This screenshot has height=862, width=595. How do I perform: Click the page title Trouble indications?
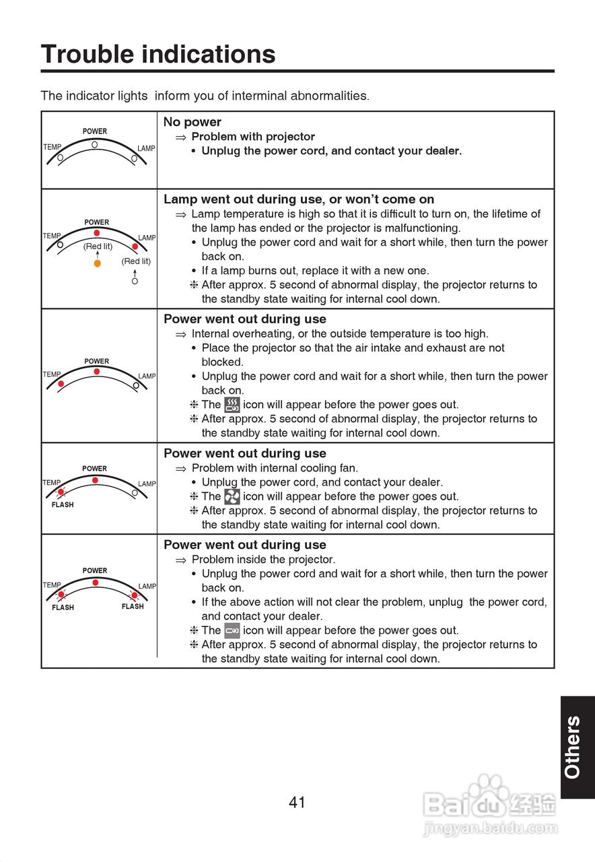158,54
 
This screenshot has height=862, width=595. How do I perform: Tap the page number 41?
297,802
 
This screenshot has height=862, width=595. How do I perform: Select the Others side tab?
573,747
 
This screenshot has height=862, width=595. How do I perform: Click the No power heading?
193,122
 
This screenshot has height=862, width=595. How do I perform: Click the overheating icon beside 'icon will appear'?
232,405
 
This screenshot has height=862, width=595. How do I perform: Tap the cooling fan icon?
232,496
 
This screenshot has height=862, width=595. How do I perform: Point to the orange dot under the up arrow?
97,263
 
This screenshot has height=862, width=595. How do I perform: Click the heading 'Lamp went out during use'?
299,199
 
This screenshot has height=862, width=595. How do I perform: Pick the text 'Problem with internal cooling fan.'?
275,467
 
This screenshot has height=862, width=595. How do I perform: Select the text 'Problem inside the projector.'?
263,559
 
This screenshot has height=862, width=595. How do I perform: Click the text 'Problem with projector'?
253,137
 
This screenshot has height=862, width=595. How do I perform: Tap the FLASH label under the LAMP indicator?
133,606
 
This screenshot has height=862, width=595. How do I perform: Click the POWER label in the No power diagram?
95,131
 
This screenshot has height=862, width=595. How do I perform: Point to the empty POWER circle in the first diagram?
95,144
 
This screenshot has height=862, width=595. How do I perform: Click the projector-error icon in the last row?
232,631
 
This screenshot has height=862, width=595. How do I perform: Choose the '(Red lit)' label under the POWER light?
98,246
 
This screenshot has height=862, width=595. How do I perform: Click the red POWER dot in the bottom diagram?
96,583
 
